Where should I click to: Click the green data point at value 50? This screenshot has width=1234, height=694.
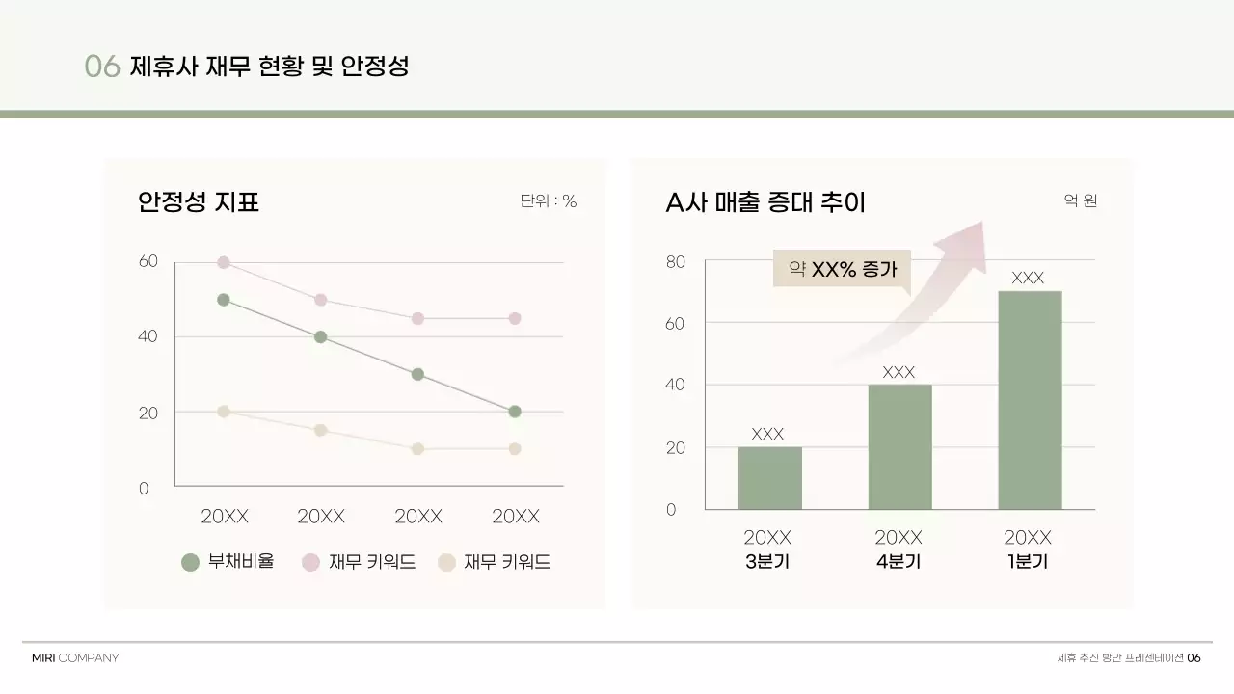tap(224, 300)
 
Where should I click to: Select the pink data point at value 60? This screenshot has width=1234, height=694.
tap(224, 262)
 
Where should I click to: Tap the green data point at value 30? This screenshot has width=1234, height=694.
tap(417, 374)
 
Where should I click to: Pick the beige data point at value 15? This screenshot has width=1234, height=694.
tap(320, 430)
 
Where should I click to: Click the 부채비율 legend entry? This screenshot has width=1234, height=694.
tap(228, 562)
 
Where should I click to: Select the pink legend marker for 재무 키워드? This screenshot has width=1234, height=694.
tap(310, 563)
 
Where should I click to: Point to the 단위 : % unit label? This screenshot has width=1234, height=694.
tap(548, 201)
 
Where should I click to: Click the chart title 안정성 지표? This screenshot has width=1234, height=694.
tap(199, 202)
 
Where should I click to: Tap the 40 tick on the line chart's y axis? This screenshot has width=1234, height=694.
tap(148, 336)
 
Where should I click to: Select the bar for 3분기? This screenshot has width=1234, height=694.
tap(769, 478)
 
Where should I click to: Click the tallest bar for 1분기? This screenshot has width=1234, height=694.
tap(1029, 400)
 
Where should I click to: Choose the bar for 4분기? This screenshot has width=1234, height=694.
tap(899, 446)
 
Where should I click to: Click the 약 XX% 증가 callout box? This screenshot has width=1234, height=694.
tap(842, 269)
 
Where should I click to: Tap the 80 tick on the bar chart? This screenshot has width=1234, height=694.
tap(675, 261)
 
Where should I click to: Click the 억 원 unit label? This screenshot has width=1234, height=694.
tap(1080, 201)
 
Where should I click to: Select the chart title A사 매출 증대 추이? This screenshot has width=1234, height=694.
tap(765, 202)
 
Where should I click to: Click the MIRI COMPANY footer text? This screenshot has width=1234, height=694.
tap(75, 658)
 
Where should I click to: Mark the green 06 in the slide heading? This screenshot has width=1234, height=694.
tap(101, 67)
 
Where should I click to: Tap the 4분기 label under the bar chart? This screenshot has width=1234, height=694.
tap(899, 561)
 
